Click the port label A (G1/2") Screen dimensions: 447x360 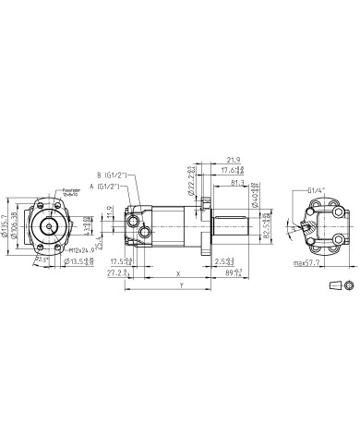113,185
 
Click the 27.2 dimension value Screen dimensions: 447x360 116,274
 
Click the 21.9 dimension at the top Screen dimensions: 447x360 233,160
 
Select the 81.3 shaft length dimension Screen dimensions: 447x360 238,183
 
